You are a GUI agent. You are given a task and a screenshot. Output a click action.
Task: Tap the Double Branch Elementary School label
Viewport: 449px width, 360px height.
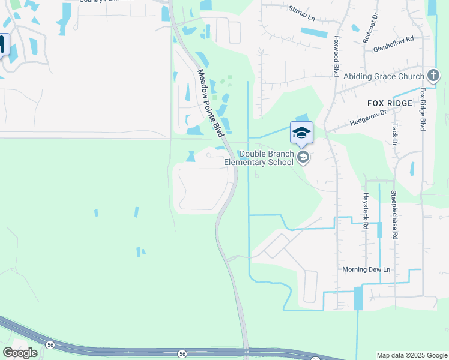259,158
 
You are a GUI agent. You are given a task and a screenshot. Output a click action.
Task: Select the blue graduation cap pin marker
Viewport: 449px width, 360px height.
301,133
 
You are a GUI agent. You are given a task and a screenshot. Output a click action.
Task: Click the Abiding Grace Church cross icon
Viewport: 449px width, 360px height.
433,76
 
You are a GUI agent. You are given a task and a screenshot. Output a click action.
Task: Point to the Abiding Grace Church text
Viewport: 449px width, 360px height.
384,77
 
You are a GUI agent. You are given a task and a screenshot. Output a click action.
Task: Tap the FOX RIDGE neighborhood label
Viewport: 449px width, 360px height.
390,103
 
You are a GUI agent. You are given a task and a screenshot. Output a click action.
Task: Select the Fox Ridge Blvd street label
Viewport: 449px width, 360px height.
423,110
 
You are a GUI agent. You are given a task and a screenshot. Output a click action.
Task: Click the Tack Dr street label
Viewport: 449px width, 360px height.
394,134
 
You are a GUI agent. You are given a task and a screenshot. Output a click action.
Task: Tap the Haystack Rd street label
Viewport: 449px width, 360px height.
365,211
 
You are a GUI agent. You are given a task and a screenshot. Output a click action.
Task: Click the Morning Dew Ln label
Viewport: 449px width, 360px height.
366,269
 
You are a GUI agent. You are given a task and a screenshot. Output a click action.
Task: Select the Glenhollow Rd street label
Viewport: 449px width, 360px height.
394,39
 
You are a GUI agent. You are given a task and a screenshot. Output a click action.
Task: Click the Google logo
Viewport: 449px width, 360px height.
20,352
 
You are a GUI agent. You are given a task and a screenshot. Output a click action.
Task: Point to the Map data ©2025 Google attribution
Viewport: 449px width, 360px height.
412,355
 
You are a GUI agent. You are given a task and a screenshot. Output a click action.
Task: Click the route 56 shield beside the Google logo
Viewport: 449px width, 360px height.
49,344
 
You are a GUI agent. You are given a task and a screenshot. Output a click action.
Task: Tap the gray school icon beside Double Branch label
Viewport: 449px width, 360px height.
303,158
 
